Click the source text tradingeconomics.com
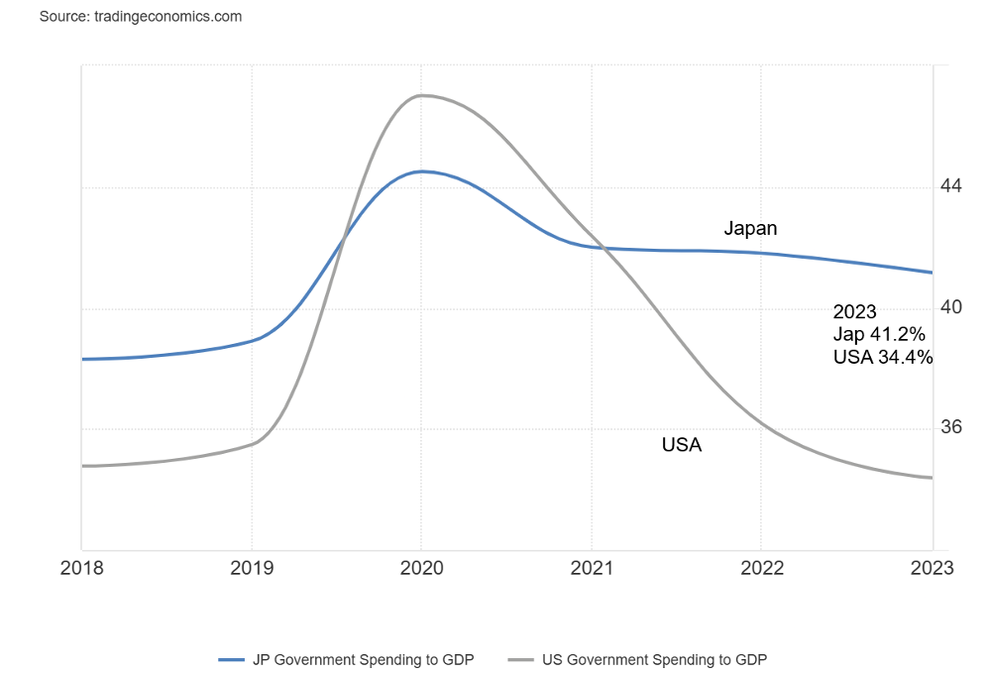click(x=141, y=17)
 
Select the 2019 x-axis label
click(x=251, y=568)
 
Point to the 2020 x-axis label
click(x=421, y=568)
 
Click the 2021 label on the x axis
click(x=591, y=568)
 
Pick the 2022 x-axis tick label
click(x=760, y=568)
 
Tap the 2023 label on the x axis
click(x=931, y=568)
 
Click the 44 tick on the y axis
click(x=951, y=186)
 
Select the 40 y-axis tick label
click(x=951, y=307)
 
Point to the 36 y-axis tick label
click(x=951, y=427)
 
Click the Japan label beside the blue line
click(x=750, y=229)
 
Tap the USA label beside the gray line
click(x=682, y=445)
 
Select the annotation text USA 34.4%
click(x=883, y=358)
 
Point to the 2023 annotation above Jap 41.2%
click(x=854, y=312)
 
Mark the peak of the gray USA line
click(x=421, y=95)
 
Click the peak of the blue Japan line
click(x=421, y=171)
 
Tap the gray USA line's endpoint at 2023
click(x=931, y=478)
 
